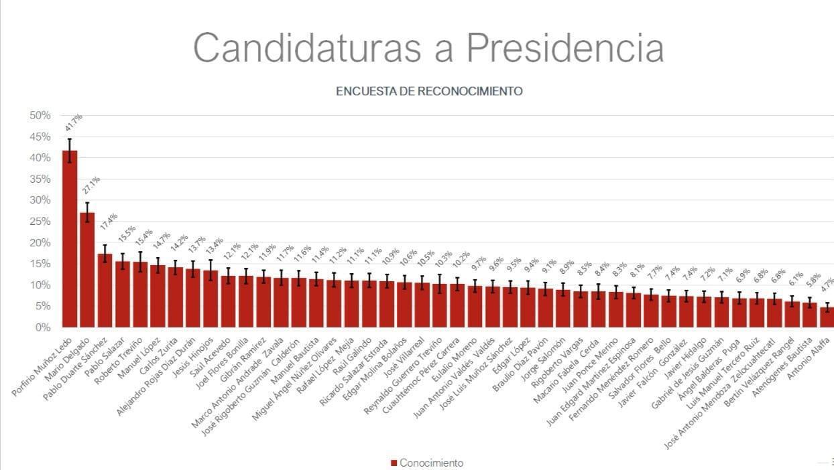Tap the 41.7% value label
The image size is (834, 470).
pyautogui.click(x=74, y=123)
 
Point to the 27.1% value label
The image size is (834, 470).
pyautogui.click(x=91, y=185)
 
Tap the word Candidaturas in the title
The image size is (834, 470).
pyautogui.click(x=323, y=48)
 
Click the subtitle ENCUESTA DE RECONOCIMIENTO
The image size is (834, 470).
pyautogui.click(x=429, y=91)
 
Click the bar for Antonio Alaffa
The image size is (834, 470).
pyautogui.click(x=827, y=317)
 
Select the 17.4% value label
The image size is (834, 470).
pyautogui.click(x=109, y=223)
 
